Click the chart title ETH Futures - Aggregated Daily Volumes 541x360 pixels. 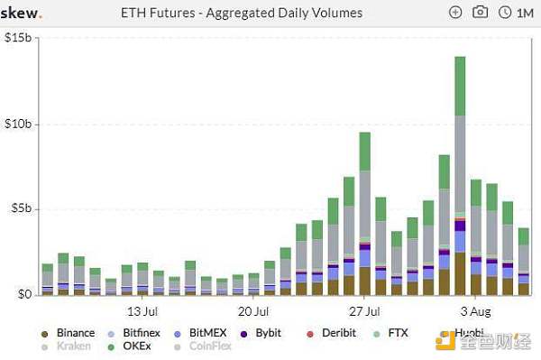241,13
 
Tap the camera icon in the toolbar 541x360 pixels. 481,13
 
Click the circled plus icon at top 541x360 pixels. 455,13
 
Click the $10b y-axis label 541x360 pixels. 18,123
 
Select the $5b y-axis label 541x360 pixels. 20,208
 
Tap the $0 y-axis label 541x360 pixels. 23,294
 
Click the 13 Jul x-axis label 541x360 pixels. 143,312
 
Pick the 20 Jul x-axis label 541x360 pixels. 253,312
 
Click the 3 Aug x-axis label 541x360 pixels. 475,312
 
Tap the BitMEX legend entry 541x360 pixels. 207,333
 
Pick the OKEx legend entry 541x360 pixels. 138,346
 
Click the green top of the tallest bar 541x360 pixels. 460,85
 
